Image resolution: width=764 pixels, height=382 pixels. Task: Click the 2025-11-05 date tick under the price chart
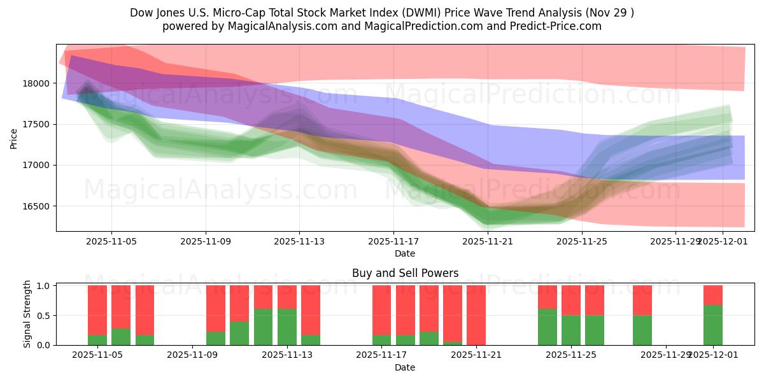click(111, 241)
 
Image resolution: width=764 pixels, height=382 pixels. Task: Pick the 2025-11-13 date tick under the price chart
click(300, 241)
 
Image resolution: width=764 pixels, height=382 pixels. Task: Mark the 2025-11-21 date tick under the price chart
click(488, 241)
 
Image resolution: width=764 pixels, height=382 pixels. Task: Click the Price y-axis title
click(14, 138)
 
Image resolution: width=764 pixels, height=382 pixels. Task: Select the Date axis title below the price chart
click(405, 253)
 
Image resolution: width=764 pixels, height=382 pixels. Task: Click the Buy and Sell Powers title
click(405, 273)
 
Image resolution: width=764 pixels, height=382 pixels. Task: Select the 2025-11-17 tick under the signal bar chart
click(381, 355)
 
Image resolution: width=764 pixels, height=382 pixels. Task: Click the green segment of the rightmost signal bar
click(713, 325)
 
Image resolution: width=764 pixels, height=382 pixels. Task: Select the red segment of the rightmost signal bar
click(713, 295)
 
